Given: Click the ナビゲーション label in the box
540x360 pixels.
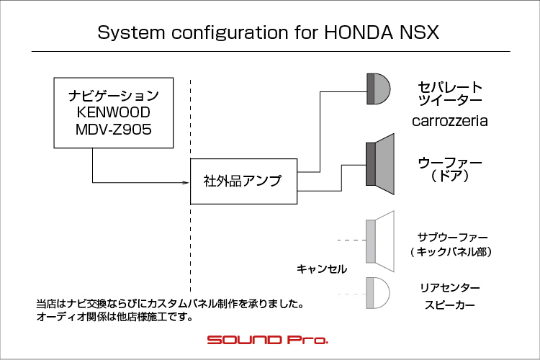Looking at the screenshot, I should coord(113,95).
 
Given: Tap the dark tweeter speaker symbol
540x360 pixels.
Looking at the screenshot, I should coord(377,89).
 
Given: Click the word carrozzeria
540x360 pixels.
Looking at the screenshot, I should coord(449,121).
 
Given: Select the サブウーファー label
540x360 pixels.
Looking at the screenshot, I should coord(452,236).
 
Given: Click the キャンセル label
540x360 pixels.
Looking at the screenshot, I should coord(322,269).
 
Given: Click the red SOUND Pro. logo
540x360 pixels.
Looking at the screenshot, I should coord(267,339).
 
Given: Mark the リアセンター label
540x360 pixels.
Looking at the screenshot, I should coord(449,287).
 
